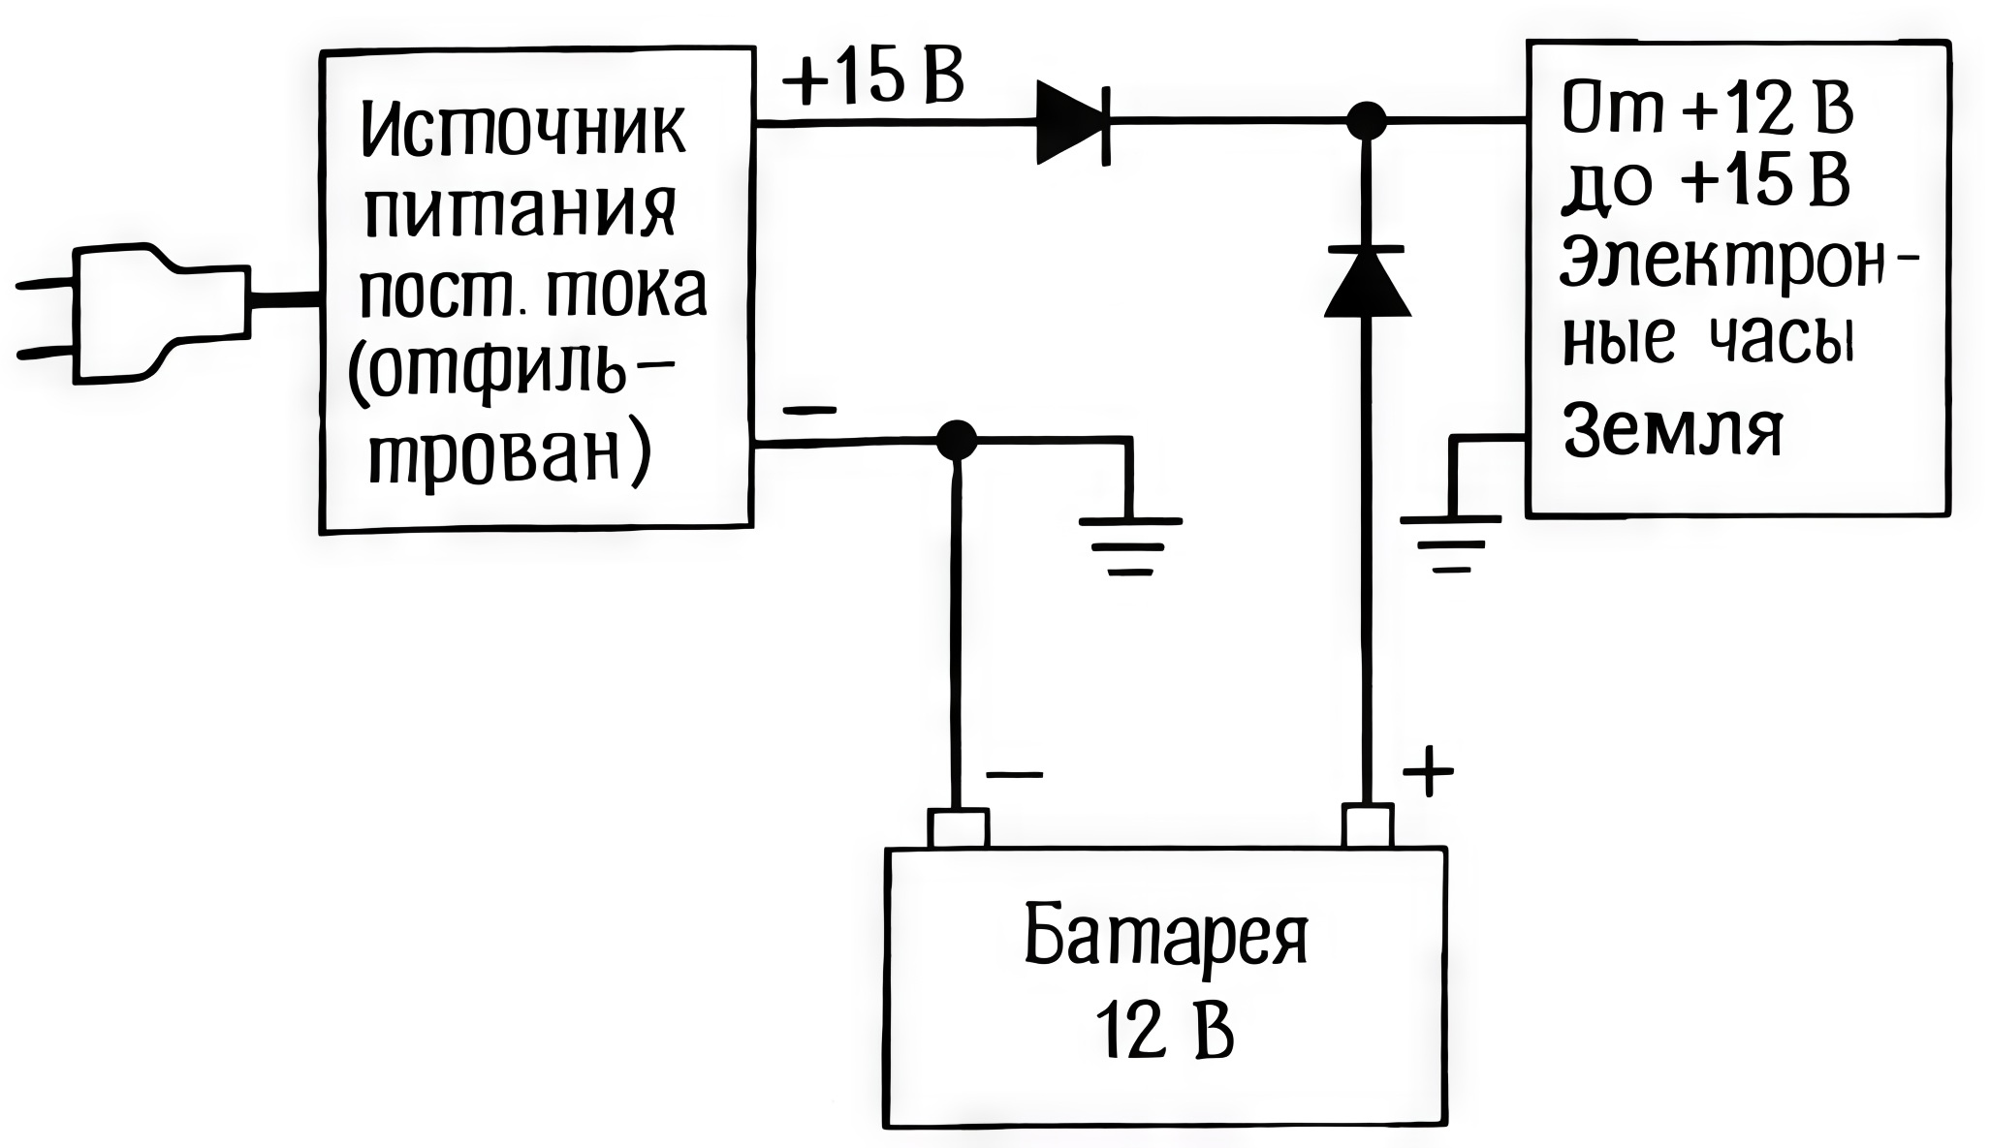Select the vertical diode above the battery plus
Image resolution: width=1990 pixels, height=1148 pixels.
click(1367, 281)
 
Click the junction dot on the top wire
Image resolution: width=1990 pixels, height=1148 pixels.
click(1367, 121)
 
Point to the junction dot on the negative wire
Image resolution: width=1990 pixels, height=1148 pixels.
click(957, 441)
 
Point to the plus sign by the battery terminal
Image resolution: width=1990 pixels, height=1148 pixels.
click(1429, 773)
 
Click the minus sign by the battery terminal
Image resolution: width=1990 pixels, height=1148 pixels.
click(1014, 774)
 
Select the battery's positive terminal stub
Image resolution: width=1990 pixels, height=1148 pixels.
click(1367, 826)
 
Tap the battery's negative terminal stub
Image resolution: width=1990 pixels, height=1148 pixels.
click(959, 828)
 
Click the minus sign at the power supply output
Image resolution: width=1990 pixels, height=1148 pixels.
click(808, 410)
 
